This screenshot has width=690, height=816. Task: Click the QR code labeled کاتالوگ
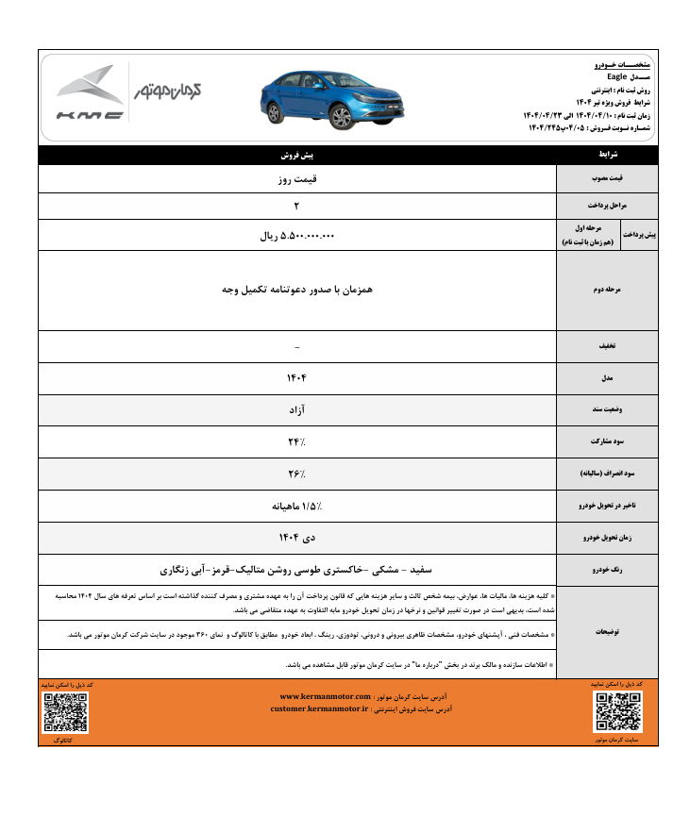(x=65, y=713)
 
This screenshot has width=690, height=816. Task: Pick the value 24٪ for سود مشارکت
(x=297, y=441)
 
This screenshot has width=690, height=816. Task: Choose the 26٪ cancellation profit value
(x=297, y=473)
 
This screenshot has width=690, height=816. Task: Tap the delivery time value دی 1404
(x=297, y=537)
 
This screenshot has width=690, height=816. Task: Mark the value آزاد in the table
(x=297, y=410)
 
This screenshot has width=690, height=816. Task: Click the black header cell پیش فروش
(x=297, y=153)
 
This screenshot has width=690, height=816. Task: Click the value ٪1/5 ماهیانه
(x=297, y=506)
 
